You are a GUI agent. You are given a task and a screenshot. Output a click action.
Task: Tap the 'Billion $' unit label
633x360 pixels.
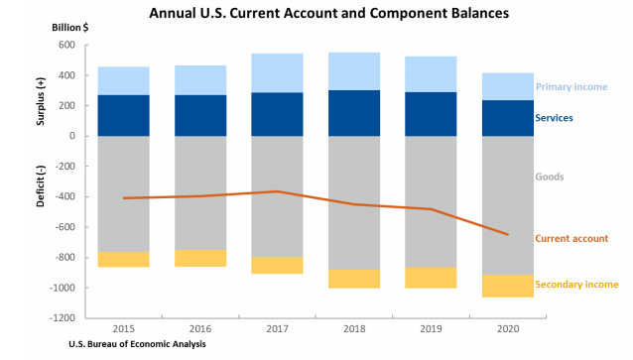[70, 29]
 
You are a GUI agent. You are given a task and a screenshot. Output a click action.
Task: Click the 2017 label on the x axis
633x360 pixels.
[277, 328]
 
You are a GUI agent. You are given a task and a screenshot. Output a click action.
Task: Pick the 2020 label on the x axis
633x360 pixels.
[507, 328]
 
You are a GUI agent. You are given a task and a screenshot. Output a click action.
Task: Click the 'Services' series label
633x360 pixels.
[555, 118]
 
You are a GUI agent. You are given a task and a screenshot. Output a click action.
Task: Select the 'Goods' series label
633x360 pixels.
[550, 177]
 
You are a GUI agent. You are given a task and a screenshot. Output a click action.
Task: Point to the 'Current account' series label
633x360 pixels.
[571, 238]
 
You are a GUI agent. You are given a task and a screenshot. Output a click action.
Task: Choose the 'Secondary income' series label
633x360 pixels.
[576, 285]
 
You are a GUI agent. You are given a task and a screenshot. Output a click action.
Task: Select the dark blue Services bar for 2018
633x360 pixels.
[353, 113]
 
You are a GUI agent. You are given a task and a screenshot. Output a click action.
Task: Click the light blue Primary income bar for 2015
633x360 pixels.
[123, 81]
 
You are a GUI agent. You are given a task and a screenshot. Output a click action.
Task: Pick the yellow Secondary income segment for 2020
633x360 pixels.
[507, 286]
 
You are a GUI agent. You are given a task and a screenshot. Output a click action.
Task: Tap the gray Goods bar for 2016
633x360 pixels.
[199, 192]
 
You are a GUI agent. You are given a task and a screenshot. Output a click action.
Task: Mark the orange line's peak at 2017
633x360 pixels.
[277, 191]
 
